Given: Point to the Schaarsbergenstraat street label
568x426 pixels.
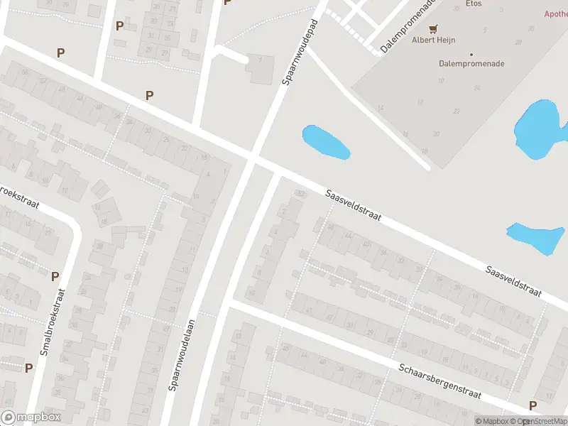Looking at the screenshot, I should (x=440, y=381).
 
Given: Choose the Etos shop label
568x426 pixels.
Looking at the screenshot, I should (x=474, y=4).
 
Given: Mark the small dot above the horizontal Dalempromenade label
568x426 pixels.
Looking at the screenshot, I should (x=471, y=54).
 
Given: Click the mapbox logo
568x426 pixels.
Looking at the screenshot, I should (x=31, y=417).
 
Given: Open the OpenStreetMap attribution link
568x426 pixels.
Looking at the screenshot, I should (x=542, y=421).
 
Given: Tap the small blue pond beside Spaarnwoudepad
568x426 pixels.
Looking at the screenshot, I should (x=326, y=142).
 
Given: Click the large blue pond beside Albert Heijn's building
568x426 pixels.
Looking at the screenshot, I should (x=542, y=129).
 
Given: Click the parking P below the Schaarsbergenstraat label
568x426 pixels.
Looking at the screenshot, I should (x=532, y=405).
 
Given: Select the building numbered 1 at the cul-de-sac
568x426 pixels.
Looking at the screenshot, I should (x=261, y=69).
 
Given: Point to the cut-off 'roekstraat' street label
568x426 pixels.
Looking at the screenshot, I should (x=17, y=196).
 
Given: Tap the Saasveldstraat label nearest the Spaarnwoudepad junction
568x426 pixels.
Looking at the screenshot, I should (x=354, y=205).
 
